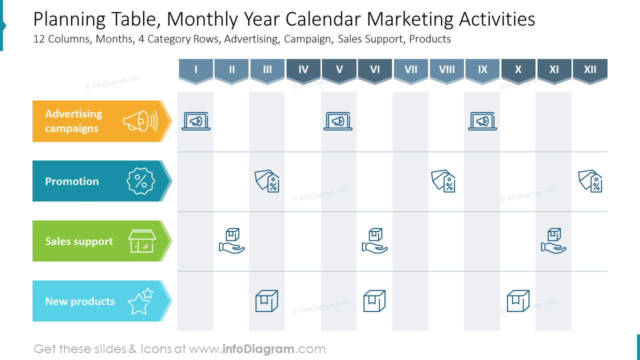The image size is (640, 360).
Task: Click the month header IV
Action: (x=303, y=69)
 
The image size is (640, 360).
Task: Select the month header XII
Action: (x=590, y=69)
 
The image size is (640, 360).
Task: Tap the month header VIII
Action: (x=447, y=69)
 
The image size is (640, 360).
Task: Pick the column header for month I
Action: (x=196, y=69)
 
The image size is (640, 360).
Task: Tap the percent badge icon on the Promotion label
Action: (x=141, y=181)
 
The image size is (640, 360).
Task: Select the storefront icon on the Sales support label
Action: (x=142, y=241)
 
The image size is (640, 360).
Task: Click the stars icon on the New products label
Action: (x=140, y=301)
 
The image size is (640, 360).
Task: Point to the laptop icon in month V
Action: (x=338, y=121)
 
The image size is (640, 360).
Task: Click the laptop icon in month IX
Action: (x=482, y=121)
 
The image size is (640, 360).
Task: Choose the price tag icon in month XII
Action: (x=590, y=181)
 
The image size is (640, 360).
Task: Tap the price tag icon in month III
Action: (x=267, y=181)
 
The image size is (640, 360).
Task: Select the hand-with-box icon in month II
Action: (x=232, y=241)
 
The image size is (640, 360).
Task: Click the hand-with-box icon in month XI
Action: (x=553, y=241)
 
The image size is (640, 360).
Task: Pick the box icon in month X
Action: (x=518, y=301)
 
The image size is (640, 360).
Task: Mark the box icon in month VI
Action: (x=374, y=301)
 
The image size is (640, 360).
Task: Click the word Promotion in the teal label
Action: (x=72, y=181)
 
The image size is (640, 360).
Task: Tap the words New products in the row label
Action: (x=80, y=301)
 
